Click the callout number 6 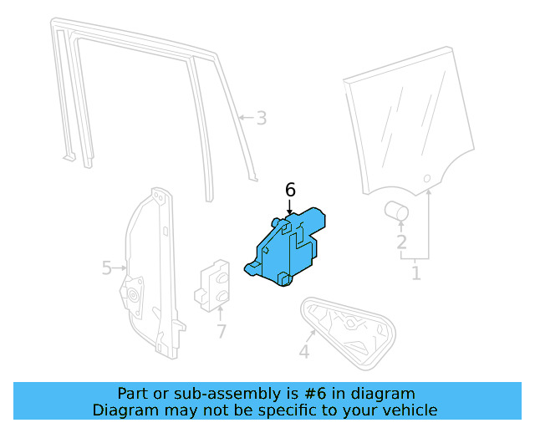point(290,191)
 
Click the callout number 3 point(262,118)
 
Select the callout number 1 point(415,272)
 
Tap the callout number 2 point(401,242)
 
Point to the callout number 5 point(107,268)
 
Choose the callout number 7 point(222,331)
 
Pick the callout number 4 point(303,352)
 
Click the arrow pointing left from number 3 point(244,118)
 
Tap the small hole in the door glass point(426,179)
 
